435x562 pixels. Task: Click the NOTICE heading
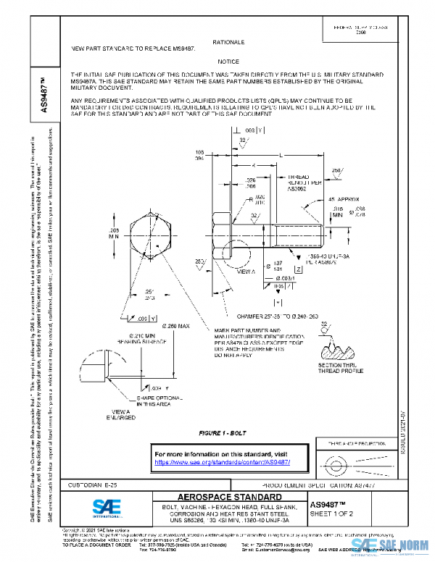click(228, 62)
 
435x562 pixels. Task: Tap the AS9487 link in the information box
click(223, 461)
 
